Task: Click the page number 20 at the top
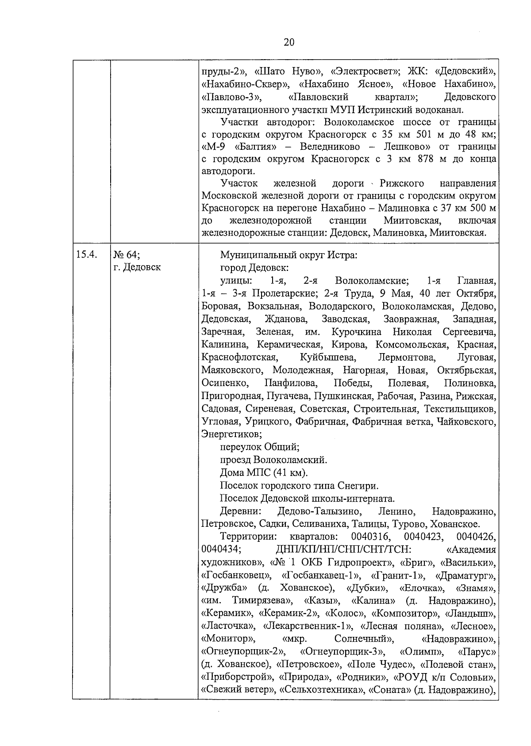(289, 42)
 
